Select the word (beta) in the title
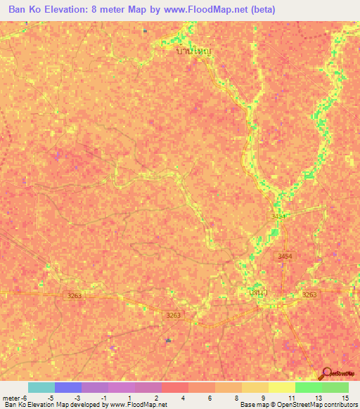coord(261,10)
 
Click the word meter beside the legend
coord(12,397)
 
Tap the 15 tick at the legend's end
coord(345,397)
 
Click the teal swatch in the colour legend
coord(41,387)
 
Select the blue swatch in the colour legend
coord(68,387)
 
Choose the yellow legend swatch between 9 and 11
coord(282,387)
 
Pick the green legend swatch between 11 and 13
coord(308,387)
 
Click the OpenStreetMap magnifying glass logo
coord(327,375)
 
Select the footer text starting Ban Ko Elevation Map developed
coord(84,405)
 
